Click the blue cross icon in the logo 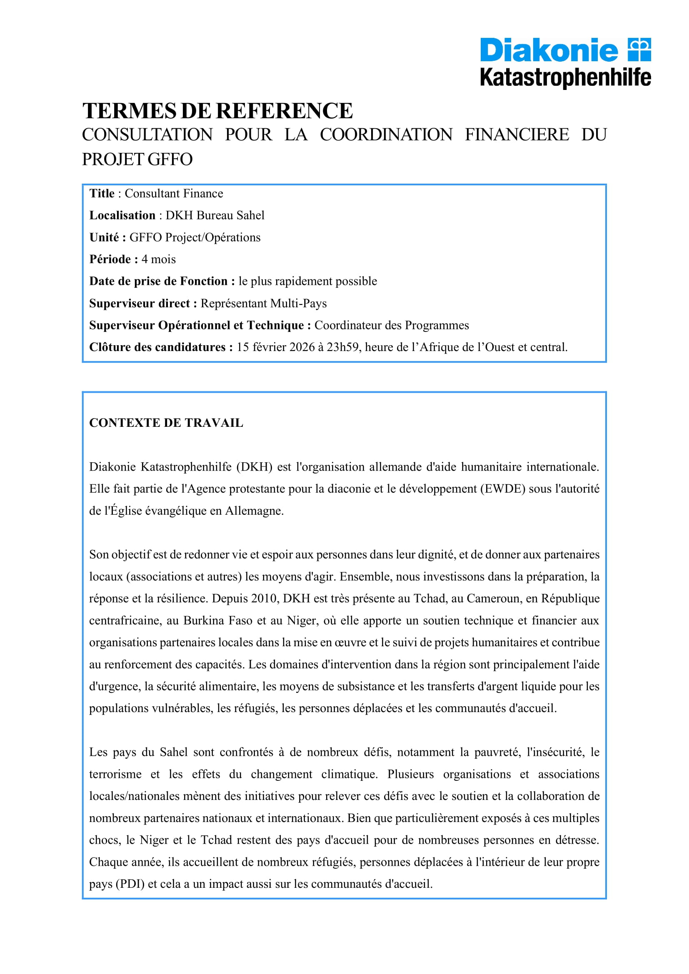[639, 50]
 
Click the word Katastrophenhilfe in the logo [565, 78]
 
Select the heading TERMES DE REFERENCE [217, 111]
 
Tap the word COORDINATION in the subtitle [386, 135]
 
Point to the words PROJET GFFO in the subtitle [137, 159]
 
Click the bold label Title [102, 194]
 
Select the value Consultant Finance [174, 194]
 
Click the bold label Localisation [122, 216]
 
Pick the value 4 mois [158, 259]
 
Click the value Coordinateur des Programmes [391, 325]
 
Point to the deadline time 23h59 [343, 347]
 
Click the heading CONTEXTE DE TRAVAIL [166, 423]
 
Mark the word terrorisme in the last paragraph [115, 774]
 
